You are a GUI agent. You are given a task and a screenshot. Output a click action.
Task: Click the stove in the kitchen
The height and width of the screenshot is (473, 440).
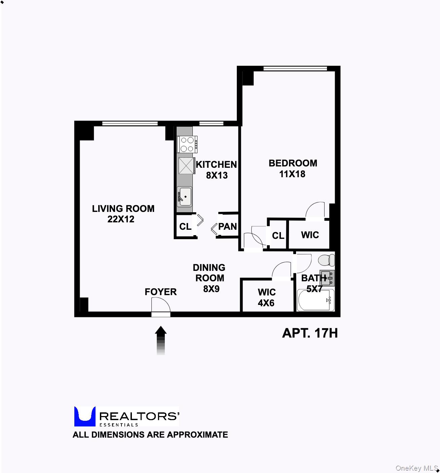(187, 144)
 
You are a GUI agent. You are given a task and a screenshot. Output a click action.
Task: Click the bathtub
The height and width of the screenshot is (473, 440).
(315, 300)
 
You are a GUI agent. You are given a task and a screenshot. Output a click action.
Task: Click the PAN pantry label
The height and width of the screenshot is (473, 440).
(227, 226)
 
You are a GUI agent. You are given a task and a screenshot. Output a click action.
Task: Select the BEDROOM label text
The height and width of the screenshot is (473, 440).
(293, 163)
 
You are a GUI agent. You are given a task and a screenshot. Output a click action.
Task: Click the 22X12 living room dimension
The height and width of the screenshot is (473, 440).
(121, 219)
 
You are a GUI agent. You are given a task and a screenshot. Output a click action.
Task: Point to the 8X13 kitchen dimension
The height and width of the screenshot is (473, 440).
(217, 175)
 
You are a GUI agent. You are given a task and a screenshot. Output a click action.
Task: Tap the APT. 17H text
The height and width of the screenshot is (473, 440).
(310, 333)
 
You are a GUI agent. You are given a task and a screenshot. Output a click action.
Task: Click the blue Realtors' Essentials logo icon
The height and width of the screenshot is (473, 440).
(84, 416)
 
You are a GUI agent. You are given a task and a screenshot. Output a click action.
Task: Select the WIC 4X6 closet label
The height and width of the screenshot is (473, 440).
(266, 297)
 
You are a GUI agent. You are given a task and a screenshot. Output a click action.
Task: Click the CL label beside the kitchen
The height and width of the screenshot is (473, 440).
(185, 226)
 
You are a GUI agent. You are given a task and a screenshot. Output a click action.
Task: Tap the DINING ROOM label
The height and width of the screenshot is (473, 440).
(209, 273)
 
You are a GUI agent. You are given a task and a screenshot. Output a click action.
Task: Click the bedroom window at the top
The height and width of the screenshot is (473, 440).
(295, 68)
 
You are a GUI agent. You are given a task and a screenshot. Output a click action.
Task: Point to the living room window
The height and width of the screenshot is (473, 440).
(130, 123)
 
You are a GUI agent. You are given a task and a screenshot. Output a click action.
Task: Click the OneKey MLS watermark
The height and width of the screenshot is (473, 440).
(416, 468)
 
